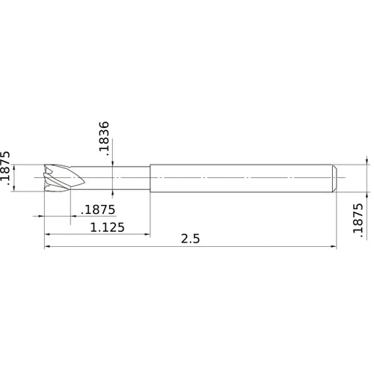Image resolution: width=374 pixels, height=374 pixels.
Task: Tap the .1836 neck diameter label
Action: coord(105,137)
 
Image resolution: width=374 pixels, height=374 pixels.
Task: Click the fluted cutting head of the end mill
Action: coord(59,177)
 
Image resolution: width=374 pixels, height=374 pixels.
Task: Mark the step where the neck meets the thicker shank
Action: coord(150,177)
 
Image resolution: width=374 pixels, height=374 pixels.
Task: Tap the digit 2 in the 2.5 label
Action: coord(184,239)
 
